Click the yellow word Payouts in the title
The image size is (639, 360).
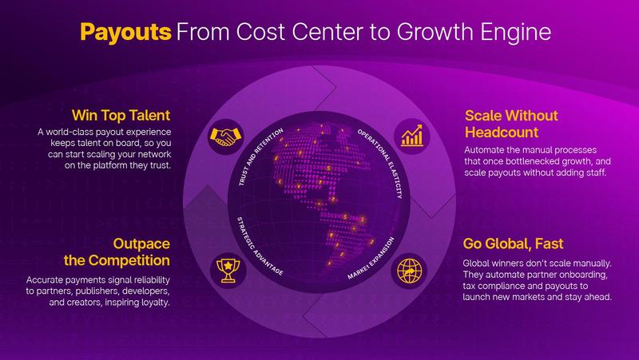pos(125,33)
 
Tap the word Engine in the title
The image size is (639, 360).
pos(515,33)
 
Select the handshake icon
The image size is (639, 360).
pos(225,136)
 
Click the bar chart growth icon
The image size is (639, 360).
pos(412,136)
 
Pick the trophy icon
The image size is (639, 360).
pos(228,271)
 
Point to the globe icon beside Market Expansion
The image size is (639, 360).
pos(409,271)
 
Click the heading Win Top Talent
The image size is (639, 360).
pos(121,115)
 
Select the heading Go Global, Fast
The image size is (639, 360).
pos(513,244)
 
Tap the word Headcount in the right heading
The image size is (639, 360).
pos(502,133)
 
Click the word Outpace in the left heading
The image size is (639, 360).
pos(141,243)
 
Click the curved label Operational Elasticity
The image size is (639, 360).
pos(381,163)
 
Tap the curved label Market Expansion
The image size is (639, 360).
pos(371,258)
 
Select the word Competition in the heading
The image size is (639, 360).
pos(129,261)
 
